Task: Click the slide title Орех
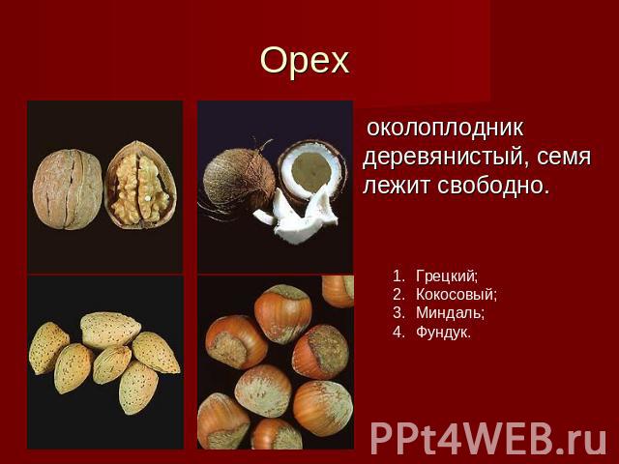(305, 60)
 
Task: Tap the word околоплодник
(445, 128)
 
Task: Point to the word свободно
(493, 185)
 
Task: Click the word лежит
(397, 186)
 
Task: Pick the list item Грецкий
(447, 276)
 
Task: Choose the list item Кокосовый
(456, 295)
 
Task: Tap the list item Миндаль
(450, 313)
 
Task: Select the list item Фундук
(443, 333)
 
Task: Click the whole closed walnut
(68, 189)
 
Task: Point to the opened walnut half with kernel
(140, 185)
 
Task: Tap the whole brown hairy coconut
(239, 182)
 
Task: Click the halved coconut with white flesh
(311, 170)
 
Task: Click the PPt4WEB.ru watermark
(487, 439)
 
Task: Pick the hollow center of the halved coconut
(311, 168)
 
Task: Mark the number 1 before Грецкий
(398, 276)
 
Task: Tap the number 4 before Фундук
(398, 333)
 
